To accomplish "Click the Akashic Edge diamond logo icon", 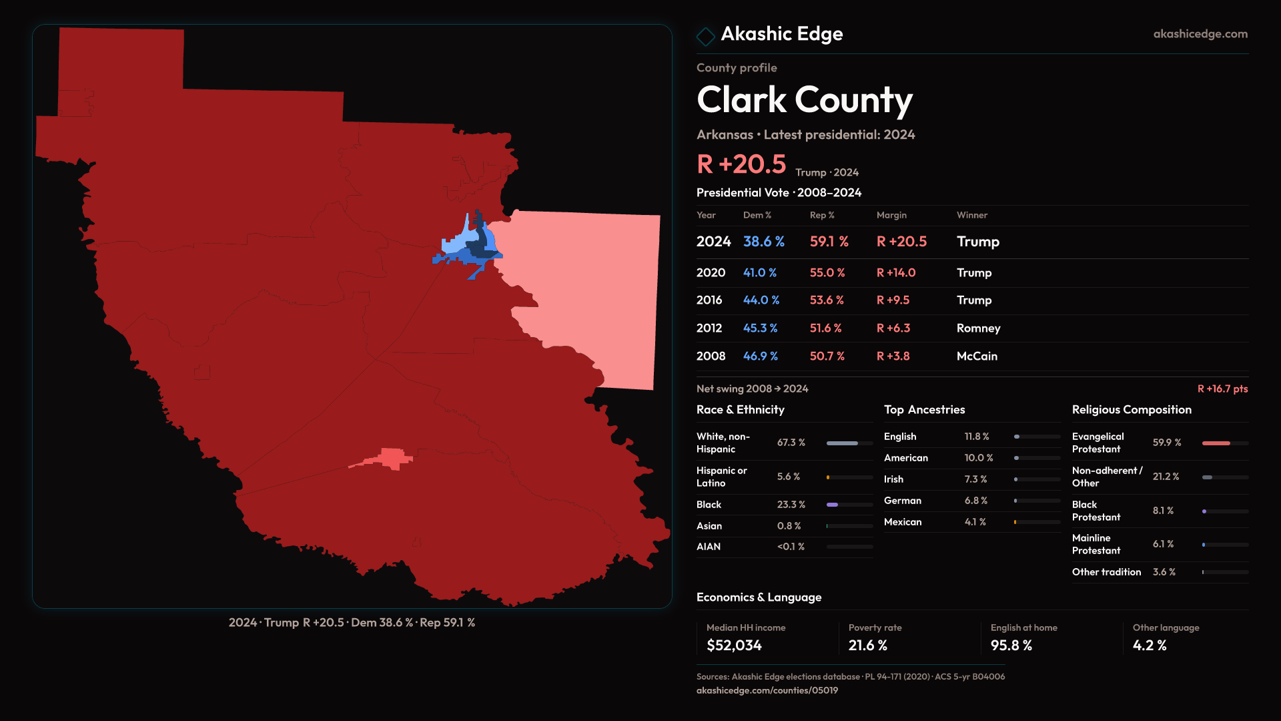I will point(705,35).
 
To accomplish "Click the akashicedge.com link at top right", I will point(1200,34).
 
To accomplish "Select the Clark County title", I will point(804,100).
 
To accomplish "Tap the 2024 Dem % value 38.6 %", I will point(763,242).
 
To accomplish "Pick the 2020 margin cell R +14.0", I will point(895,273).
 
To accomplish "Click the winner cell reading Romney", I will point(978,328).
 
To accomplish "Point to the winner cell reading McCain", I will point(977,356).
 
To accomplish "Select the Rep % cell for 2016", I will point(827,300).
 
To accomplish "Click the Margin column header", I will point(891,215).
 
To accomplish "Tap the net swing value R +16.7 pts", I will point(1222,389).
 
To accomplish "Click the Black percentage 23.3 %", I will point(791,505).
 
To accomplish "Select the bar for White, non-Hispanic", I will point(849,443).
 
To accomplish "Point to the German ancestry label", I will point(902,501).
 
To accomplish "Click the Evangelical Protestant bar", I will point(1224,443).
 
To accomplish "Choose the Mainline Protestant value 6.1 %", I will point(1163,544).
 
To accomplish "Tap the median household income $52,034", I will point(734,646).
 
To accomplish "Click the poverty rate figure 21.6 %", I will point(867,646).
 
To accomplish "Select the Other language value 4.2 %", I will point(1149,646).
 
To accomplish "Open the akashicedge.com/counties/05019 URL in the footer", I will point(767,690).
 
